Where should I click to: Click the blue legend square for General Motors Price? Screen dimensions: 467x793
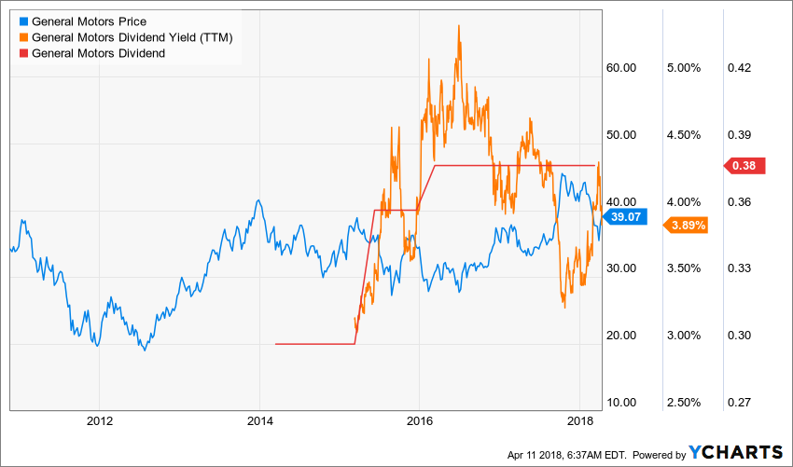[21, 21]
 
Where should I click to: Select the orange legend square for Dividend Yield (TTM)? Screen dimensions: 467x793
[21, 37]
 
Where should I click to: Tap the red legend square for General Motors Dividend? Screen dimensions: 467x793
[21, 53]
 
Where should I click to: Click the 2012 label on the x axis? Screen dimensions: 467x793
[99, 421]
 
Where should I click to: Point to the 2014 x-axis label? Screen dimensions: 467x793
[259, 421]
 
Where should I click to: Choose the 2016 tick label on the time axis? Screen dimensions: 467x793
[420, 421]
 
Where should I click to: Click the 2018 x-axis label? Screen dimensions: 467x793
[580, 421]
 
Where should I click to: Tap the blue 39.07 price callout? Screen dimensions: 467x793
[620, 217]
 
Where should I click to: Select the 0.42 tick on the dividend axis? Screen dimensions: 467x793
[740, 68]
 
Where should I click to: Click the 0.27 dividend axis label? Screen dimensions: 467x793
[740, 402]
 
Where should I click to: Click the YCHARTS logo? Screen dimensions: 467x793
[737, 452]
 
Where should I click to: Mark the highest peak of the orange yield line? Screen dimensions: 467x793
[459, 25]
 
